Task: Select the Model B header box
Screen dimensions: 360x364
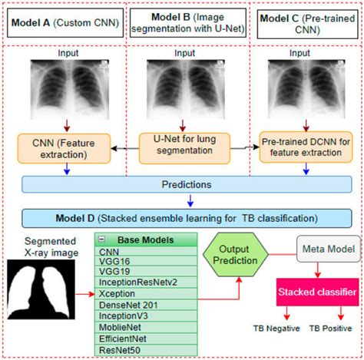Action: click(182, 24)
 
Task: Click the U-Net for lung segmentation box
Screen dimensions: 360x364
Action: click(182, 147)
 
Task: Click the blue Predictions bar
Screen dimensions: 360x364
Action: click(181, 186)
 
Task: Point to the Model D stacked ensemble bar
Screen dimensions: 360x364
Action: click(181, 217)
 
